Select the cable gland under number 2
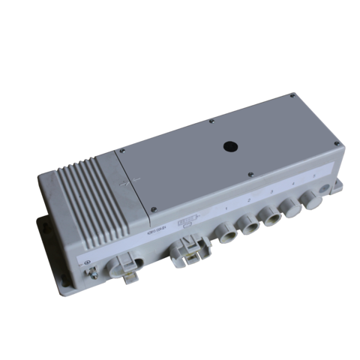coord(247,223)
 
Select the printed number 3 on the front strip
coord(269,194)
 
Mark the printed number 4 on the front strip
coord(289,187)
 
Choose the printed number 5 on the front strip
coord(307,181)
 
